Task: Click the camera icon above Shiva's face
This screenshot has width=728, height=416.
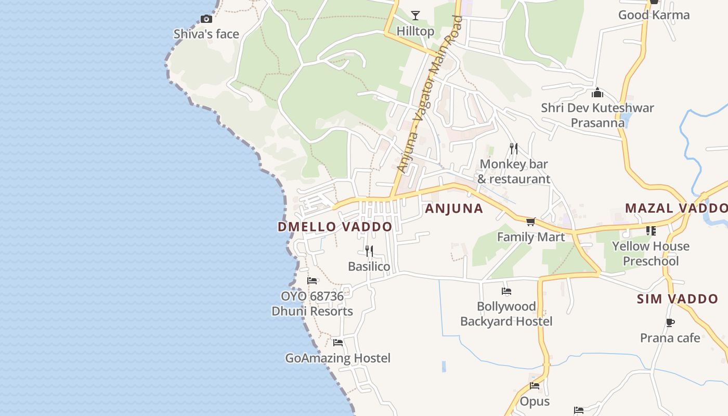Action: (206, 19)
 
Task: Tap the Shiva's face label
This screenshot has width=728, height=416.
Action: (206, 34)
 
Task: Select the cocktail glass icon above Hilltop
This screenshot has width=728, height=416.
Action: (415, 16)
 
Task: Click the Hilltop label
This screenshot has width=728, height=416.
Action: (415, 31)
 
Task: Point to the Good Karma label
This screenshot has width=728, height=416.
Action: (654, 15)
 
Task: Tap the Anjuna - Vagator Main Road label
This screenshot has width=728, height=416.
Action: (430, 95)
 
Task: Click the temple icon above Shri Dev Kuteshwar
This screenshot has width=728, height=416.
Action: (597, 93)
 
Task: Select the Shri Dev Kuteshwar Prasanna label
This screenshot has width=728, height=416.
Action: (597, 115)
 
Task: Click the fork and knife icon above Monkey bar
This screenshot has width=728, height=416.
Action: (514, 149)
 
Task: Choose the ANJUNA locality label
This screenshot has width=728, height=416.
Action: (454, 209)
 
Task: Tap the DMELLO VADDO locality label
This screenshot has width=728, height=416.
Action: (335, 227)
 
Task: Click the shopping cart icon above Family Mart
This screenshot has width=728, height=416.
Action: (530, 222)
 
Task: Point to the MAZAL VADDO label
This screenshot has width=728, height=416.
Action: (676, 208)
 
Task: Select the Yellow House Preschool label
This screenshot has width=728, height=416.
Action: (651, 253)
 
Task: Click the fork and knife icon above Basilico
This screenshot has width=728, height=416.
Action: (369, 251)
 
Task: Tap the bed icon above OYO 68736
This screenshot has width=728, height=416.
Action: (312, 281)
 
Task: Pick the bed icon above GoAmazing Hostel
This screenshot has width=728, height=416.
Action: (338, 343)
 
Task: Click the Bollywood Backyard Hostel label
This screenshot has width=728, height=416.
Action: (506, 314)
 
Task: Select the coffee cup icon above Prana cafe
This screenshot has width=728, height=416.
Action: (670, 323)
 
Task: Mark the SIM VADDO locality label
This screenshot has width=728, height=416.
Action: (678, 299)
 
